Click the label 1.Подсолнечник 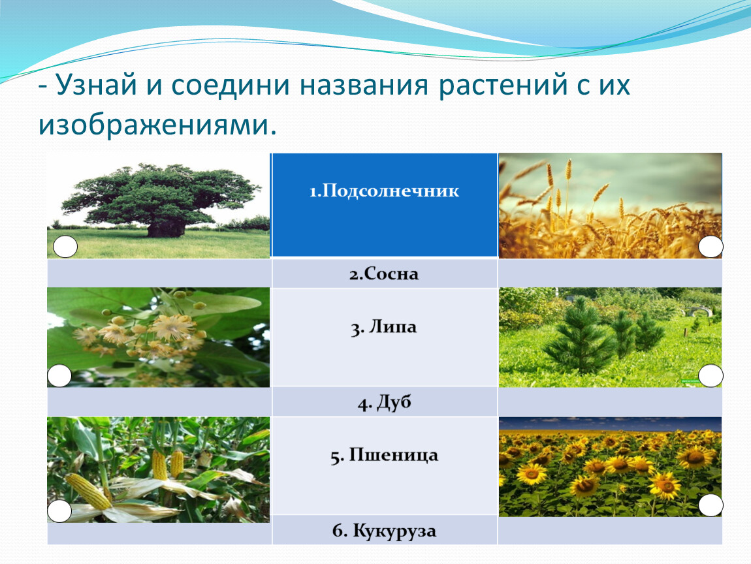click(x=384, y=191)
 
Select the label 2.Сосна click(x=383, y=274)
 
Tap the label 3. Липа click(x=383, y=328)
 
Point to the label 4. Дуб click(x=384, y=402)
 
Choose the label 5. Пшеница click(x=384, y=455)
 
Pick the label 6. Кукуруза click(x=384, y=531)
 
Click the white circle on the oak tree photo click(x=65, y=247)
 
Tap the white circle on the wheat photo click(x=711, y=247)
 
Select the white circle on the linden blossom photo click(x=59, y=375)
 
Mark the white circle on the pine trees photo click(x=711, y=375)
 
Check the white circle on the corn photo click(x=59, y=511)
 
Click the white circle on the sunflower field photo click(x=711, y=505)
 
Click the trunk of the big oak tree click(x=166, y=228)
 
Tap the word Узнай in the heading click(x=97, y=86)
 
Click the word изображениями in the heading click(x=157, y=125)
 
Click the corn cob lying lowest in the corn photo click(x=88, y=491)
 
